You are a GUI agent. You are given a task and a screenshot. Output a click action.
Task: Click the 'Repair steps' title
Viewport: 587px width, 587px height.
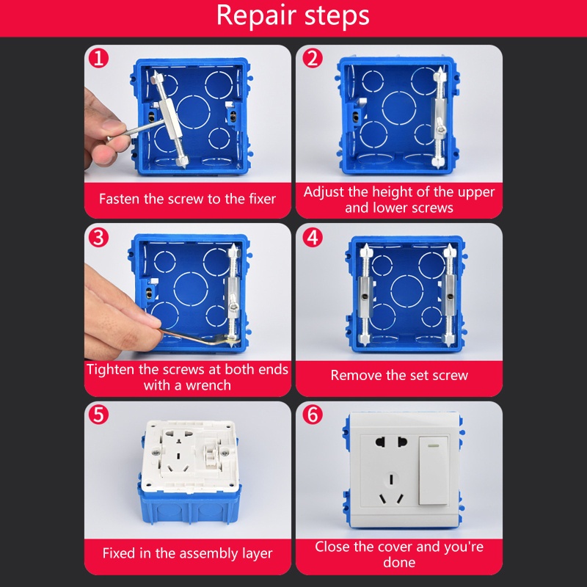pyautogui.click(x=293, y=15)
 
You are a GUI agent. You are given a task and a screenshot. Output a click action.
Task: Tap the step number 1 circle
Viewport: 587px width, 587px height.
pyautogui.click(x=98, y=59)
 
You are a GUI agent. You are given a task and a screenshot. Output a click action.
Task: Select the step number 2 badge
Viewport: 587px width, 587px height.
pyautogui.click(x=313, y=59)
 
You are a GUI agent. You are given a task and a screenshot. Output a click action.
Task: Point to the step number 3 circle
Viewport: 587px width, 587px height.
pyautogui.click(x=98, y=237)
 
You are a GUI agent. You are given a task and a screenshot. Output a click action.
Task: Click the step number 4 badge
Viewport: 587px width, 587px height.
pyautogui.click(x=313, y=237)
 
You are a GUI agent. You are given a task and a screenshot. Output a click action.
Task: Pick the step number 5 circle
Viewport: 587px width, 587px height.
pyautogui.click(x=98, y=415)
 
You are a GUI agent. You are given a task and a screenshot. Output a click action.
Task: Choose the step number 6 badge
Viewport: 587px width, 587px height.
pyautogui.click(x=313, y=415)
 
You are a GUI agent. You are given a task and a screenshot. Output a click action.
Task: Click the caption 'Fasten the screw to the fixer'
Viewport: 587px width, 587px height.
pyautogui.click(x=187, y=199)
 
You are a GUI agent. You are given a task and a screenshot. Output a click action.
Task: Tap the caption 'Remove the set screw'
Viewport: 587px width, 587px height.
pyautogui.click(x=399, y=375)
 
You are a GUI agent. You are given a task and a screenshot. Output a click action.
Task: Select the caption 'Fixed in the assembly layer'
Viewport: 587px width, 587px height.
pyautogui.click(x=187, y=553)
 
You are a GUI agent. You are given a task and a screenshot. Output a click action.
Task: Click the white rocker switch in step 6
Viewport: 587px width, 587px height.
pyautogui.click(x=434, y=470)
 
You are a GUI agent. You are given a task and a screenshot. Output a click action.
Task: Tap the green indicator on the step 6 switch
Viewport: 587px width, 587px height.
pyautogui.click(x=434, y=445)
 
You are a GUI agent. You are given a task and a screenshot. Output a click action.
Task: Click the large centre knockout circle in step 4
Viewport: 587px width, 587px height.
pyautogui.click(x=407, y=292)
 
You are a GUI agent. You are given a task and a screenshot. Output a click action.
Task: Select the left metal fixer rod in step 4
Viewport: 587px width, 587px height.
pyautogui.click(x=365, y=294)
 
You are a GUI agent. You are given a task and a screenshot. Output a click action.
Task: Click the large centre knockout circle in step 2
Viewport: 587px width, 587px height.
pyautogui.click(x=399, y=108)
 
